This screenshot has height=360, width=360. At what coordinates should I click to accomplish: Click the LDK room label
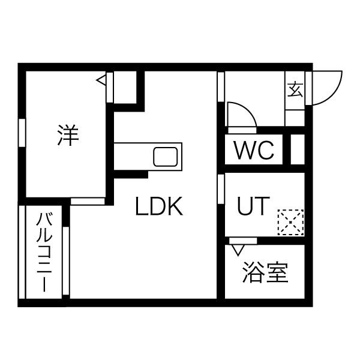click(159, 206)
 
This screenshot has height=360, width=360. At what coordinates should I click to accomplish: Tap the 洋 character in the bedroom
click(68, 135)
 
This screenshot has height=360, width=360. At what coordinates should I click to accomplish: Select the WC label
click(254, 150)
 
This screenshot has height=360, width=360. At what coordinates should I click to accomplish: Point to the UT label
click(253, 206)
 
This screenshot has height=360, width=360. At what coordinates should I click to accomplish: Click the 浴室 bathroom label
click(265, 272)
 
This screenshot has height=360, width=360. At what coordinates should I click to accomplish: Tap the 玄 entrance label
click(295, 89)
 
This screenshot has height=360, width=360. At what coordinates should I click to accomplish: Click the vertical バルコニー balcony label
click(44, 252)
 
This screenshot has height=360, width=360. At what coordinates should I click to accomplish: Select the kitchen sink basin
click(166, 157)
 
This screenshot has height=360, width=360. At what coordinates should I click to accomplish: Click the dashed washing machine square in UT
click(290, 222)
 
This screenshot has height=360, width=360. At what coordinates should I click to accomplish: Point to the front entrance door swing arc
click(327, 88)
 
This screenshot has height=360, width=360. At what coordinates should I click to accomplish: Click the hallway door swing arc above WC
click(242, 114)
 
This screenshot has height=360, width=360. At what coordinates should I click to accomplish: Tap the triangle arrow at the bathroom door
click(238, 250)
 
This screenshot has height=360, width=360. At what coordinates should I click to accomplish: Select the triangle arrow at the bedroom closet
click(101, 80)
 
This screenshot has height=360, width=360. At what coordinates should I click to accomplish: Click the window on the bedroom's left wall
click(22, 133)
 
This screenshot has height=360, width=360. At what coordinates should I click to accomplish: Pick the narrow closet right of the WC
click(298, 149)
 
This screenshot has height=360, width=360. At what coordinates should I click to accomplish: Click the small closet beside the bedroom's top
click(125, 88)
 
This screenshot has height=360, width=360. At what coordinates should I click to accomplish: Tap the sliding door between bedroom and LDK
click(88, 202)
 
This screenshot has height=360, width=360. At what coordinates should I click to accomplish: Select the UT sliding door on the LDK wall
click(221, 189)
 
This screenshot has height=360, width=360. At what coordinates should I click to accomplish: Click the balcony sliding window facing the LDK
click(66, 261)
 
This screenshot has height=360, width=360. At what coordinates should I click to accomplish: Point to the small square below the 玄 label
click(295, 118)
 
